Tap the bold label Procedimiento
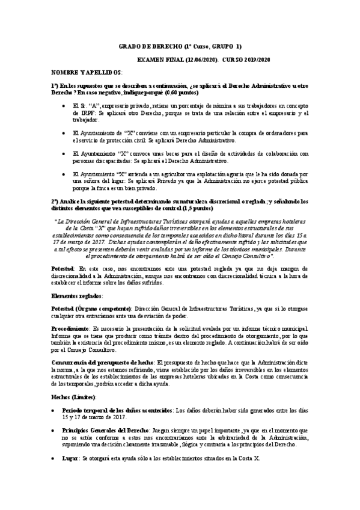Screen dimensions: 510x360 coord(70,330)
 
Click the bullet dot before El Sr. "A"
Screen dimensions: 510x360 coord(64,106)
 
